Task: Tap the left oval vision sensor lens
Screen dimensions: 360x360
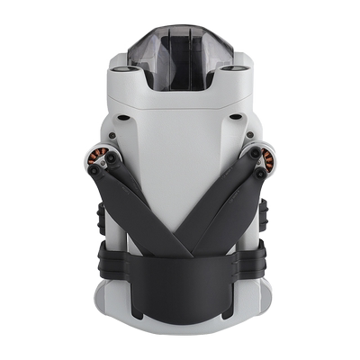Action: pyautogui.click(x=121, y=68)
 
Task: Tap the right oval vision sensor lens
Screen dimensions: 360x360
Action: pyautogui.click(x=238, y=68)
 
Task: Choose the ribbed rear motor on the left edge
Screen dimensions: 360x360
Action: pyautogui.click(x=97, y=216)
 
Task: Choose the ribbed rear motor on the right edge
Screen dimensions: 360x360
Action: pyautogui.click(x=263, y=216)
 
